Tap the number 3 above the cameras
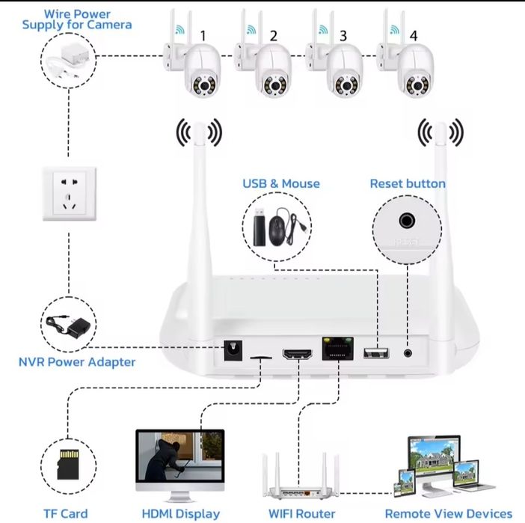pyautogui.click(x=343, y=35)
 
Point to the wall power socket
pyautogui.click(x=68, y=194)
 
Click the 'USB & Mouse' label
pyautogui.click(x=280, y=183)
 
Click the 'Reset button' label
pyautogui.click(x=408, y=183)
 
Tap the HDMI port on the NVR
pyautogui.click(x=297, y=354)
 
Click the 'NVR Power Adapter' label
pyautogui.click(x=77, y=362)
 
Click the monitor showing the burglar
pyautogui.click(x=179, y=459)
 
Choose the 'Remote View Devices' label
pyautogui.click(x=449, y=513)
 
